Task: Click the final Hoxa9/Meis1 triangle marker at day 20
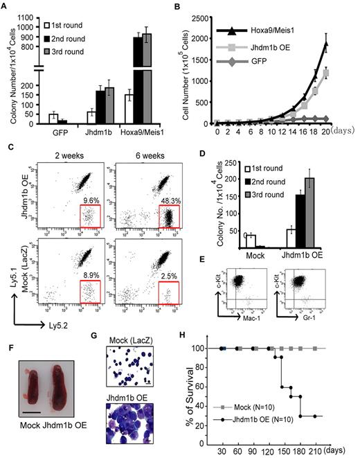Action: pyautogui.click(x=344, y=44)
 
